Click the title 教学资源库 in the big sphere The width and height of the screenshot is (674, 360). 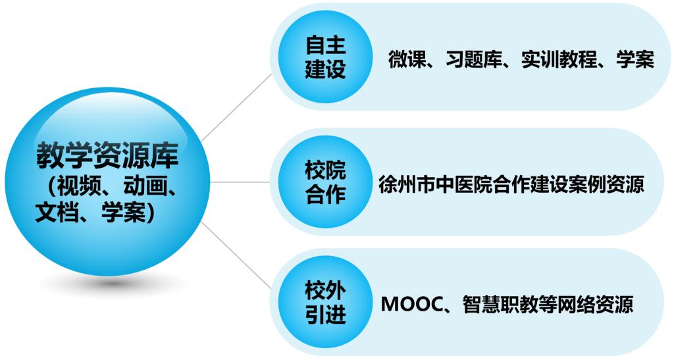(107, 155)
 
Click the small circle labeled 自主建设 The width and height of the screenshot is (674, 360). (325, 57)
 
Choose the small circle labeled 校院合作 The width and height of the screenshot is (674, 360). (325, 182)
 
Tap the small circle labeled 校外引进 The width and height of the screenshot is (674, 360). (325, 303)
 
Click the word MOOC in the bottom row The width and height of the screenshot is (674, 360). (412, 304)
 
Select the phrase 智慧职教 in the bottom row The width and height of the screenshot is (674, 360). (500, 304)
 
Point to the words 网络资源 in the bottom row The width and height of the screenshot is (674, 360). (595, 304)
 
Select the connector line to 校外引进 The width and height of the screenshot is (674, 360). (236, 255)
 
